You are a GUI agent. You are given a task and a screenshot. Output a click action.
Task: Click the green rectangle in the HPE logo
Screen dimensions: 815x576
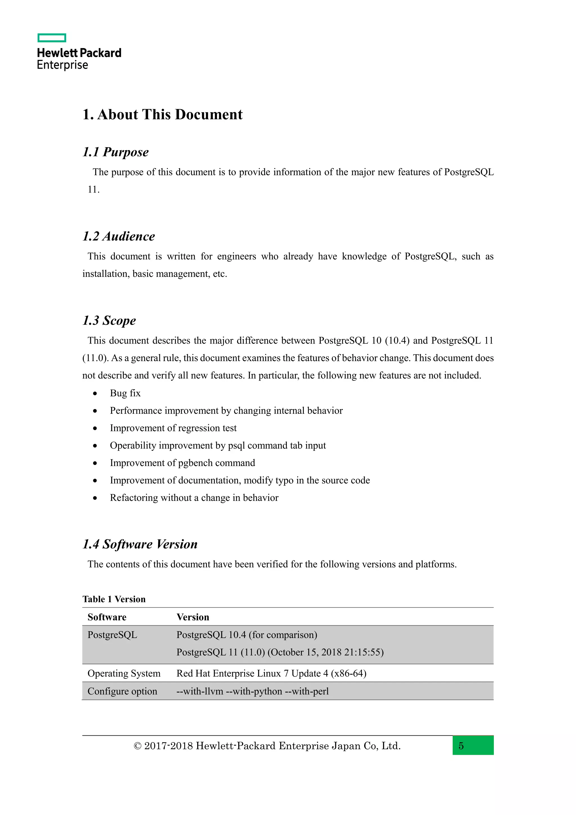[x=52, y=38]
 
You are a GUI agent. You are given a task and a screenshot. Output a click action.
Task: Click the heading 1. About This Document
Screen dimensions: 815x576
[x=163, y=115]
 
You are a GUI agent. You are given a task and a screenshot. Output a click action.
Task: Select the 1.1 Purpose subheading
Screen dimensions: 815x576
[x=116, y=152]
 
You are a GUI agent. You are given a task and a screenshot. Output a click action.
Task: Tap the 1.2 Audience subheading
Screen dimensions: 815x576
[x=118, y=236]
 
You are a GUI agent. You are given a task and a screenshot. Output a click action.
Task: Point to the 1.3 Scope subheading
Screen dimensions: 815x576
[x=109, y=321]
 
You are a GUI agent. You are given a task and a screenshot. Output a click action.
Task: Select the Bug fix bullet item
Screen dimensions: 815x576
[x=125, y=393]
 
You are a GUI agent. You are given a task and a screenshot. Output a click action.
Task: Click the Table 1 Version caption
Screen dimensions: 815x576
[x=114, y=599]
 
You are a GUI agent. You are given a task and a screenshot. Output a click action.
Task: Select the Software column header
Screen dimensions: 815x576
[x=107, y=617]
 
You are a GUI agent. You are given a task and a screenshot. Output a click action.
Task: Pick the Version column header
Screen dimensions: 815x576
[x=193, y=617]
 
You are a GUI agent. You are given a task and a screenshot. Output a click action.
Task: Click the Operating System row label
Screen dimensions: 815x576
[x=124, y=673]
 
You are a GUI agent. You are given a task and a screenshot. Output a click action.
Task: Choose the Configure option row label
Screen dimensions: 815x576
[x=122, y=691]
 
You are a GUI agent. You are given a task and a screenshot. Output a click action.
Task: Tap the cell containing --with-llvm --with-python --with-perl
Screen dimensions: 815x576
[x=253, y=691]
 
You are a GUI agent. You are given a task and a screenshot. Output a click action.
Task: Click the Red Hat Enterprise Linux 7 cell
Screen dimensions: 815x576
[x=271, y=673]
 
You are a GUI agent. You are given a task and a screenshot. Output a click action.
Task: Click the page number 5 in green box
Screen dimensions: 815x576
[x=461, y=746]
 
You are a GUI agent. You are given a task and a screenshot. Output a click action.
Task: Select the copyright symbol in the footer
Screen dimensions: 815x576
[x=137, y=746]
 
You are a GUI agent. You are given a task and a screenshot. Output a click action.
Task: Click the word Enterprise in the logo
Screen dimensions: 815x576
[x=62, y=65]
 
